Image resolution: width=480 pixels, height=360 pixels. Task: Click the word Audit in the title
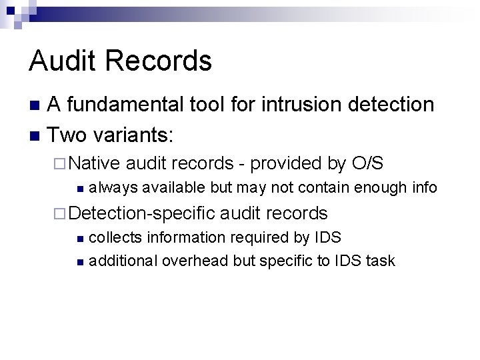(x=63, y=61)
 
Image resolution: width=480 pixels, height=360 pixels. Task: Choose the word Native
(x=94, y=163)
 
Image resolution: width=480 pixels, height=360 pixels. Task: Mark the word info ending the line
(x=425, y=188)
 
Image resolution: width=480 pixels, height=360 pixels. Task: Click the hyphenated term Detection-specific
(x=142, y=213)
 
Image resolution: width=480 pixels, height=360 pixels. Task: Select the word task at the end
(x=380, y=261)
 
